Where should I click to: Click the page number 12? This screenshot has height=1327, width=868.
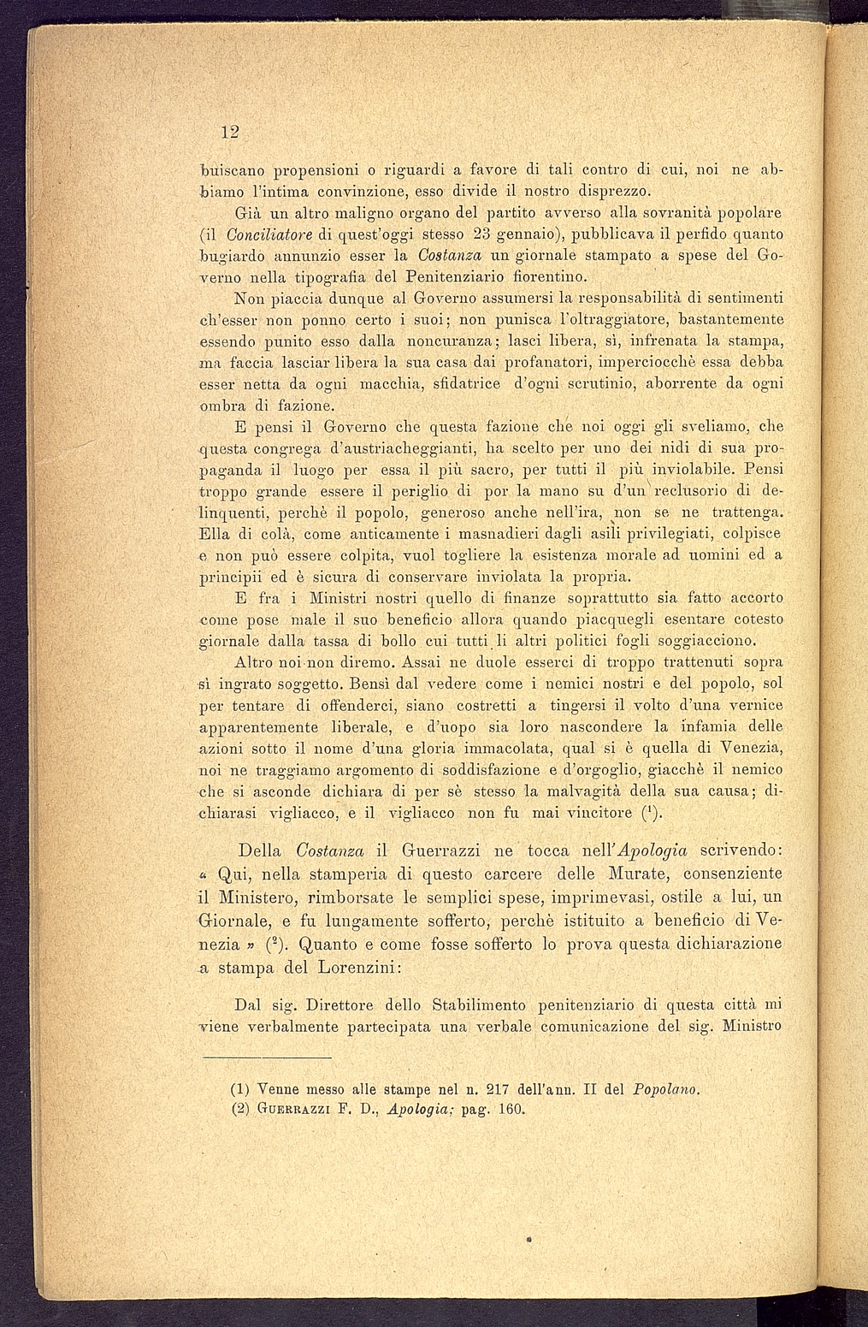(x=228, y=132)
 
